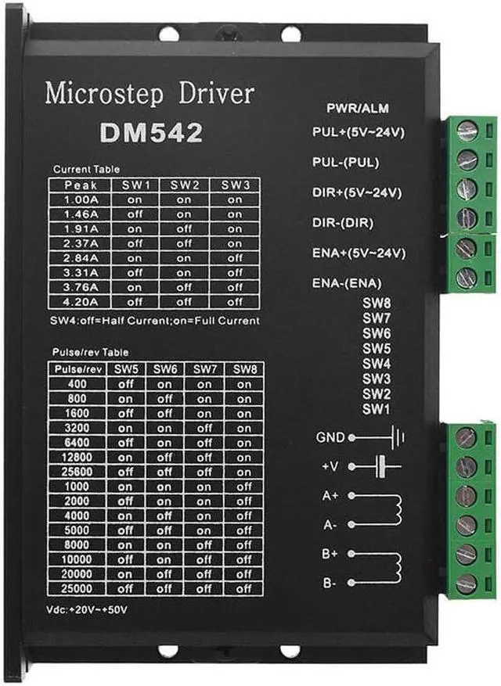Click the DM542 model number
click(x=151, y=132)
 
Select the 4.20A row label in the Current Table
click(x=81, y=301)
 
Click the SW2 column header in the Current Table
click(x=184, y=185)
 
